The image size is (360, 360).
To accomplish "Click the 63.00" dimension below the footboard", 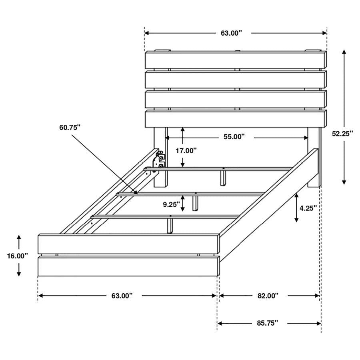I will click(122, 296).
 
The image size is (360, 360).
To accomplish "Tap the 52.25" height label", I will click(342, 134).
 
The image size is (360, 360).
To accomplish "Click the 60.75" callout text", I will click(70, 127).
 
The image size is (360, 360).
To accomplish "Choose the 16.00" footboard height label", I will click(17, 256).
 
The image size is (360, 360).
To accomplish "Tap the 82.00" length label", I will click(268, 296).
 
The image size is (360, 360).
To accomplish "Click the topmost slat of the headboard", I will click(235, 60).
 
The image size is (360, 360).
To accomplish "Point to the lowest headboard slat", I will click(235, 118).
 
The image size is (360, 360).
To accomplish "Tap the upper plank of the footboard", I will click(128, 244).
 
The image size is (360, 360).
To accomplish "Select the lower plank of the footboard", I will click(128, 266).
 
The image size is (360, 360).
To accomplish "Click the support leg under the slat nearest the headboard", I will click(223, 177).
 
